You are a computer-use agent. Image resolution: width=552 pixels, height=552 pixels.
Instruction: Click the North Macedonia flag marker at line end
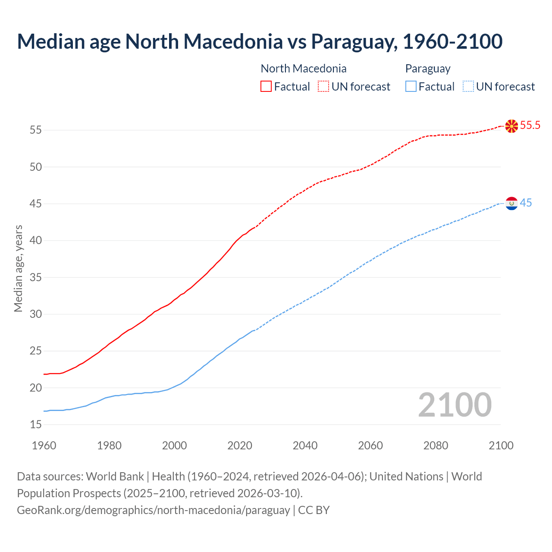point(511,126)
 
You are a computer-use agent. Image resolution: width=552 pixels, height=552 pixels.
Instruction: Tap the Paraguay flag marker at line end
point(511,203)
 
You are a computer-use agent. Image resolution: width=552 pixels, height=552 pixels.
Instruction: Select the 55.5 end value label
point(530,125)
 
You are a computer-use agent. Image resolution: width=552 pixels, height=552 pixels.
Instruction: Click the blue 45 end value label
point(526,203)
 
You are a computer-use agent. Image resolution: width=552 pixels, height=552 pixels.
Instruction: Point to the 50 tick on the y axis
point(36,167)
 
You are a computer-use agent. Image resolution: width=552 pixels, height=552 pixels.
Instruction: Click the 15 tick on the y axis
point(36,425)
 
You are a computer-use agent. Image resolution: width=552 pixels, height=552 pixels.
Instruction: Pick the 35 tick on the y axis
point(36,277)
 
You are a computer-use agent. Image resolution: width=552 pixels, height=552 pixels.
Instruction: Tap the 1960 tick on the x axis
point(44,445)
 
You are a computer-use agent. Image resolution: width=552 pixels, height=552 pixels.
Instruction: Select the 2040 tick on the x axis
point(305,445)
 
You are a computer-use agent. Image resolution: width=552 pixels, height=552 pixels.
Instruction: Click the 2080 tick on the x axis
point(436,445)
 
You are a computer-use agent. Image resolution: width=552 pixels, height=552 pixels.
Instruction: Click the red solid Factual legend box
point(266,87)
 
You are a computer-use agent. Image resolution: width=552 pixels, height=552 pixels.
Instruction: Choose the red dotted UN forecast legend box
point(323,87)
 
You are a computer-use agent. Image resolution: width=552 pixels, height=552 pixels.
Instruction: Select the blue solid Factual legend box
point(411,87)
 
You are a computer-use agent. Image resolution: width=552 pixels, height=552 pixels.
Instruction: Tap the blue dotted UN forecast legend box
point(468,87)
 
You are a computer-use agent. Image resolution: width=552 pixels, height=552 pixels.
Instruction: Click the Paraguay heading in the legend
point(428,69)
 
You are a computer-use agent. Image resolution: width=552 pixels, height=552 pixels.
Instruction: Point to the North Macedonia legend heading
point(304,69)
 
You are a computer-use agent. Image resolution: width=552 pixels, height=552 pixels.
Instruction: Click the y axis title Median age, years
point(18,268)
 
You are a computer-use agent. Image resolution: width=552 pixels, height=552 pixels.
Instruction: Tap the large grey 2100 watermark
point(455,405)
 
